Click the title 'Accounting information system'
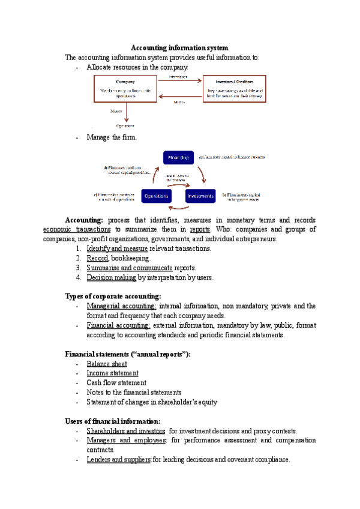tap(180, 47)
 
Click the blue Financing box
tap(178, 158)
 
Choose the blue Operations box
tap(156, 196)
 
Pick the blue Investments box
tap(200, 196)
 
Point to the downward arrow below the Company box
tap(125, 113)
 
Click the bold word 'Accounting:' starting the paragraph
tap(84, 220)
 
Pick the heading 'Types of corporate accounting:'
tap(113, 296)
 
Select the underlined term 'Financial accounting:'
tap(118, 325)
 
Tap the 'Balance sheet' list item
tap(107, 363)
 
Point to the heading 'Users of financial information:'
tap(112, 421)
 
